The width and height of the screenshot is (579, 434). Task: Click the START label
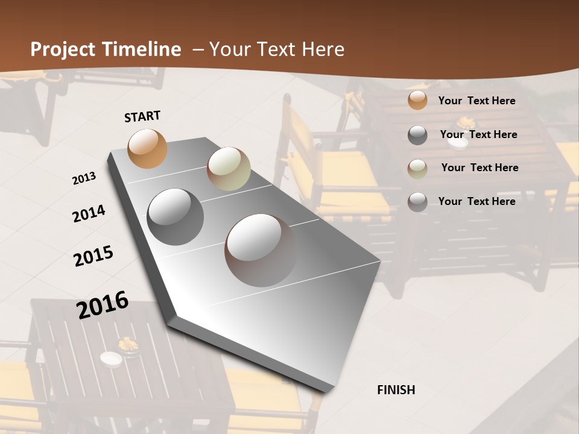pos(142,116)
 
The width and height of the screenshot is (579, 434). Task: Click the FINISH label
pos(396,390)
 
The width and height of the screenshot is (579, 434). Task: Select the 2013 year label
pos(84,178)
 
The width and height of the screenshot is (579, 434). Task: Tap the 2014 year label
pos(89,213)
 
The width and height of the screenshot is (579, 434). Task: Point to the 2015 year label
pos(93,256)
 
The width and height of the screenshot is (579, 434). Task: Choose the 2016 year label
pos(103,304)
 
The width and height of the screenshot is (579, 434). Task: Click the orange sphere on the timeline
pos(147,148)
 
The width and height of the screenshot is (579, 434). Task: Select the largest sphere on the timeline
pos(261,250)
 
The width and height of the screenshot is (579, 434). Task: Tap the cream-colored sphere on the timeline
pos(229,168)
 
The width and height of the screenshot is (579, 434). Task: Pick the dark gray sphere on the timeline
pos(175,216)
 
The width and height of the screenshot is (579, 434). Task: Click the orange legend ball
pos(417,101)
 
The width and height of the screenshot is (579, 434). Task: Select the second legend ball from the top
pos(417,135)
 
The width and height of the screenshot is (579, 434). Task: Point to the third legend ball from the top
pos(417,168)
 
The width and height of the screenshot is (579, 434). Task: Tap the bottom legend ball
pos(417,202)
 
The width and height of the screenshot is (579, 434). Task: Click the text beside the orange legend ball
pos(476,101)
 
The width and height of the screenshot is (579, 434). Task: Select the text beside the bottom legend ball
pos(476,201)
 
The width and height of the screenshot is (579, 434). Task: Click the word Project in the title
pos(63,49)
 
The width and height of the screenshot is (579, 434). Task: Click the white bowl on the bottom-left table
pos(111,359)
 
